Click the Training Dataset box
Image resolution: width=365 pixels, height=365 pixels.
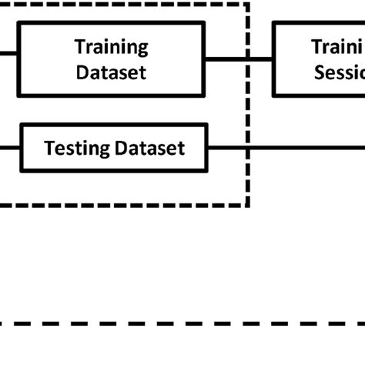click(x=112, y=59)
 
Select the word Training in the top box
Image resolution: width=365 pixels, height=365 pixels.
click(x=112, y=47)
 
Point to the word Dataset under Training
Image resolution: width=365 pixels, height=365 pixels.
click(x=112, y=73)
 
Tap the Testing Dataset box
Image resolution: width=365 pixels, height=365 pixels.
click(x=114, y=147)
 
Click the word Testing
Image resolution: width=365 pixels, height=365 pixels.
click(x=77, y=147)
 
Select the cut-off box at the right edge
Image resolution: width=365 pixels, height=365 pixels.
click(x=319, y=59)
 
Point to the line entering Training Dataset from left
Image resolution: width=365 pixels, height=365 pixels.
click(x=8, y=55)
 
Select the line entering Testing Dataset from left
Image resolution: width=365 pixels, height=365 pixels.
click(x=9, y=146)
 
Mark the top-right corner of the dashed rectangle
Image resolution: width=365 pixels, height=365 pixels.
click(x=248, y=3)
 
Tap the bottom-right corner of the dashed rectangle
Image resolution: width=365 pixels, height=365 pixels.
click(x=248, y=205)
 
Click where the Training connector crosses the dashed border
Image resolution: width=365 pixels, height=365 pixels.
click(x=248, y=59)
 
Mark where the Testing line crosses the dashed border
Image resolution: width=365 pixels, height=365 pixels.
click(x=248, y=146)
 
